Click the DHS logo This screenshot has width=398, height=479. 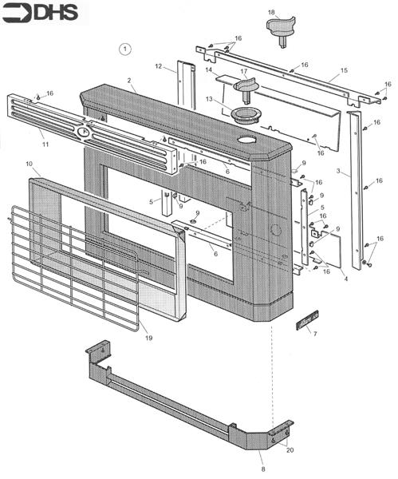40,13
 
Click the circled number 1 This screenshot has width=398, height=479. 124,49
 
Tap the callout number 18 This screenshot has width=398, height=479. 271,12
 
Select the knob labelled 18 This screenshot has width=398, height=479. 281,31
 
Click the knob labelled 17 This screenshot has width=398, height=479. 246,88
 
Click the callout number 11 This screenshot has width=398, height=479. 45,144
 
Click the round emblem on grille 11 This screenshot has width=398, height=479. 83,133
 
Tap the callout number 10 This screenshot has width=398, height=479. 29,164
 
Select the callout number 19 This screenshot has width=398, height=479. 149,338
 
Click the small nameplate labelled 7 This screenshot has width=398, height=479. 307,320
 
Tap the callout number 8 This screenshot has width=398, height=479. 263,469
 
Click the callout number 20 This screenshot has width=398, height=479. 290,450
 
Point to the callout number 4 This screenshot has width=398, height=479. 346,279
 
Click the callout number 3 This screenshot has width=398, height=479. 338,171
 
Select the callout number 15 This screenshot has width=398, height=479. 344,70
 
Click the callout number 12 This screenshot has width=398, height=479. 158,66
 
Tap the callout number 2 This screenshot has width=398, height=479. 129,81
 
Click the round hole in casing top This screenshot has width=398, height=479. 246,140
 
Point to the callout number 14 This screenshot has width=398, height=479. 209,70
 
